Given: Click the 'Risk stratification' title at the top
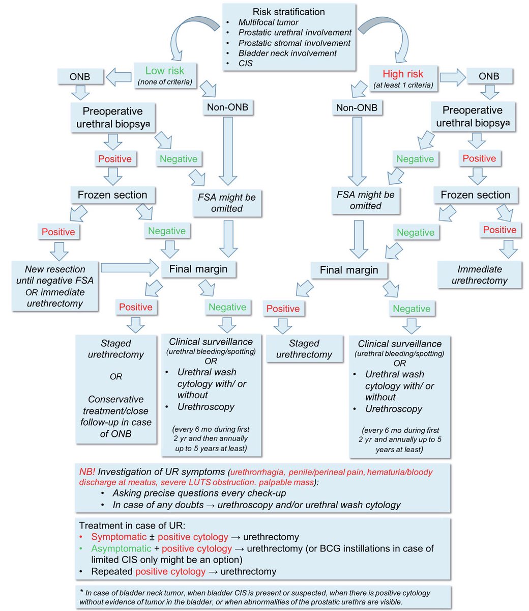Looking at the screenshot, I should [x=288, y=12].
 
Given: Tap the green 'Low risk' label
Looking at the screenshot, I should [x=165, y=71].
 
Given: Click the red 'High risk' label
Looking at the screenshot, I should [x=403, y=73].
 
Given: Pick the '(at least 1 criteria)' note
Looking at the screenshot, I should [x=403, y=85].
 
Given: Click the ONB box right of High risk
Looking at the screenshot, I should [x=489, y=76].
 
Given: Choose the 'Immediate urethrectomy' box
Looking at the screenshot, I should [x=479, y=275].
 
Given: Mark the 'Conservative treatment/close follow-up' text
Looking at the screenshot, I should [x=115, y=411].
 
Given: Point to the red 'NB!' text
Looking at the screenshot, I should [x=87, y=472].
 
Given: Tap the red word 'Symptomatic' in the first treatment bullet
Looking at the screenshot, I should [x=117, y=537].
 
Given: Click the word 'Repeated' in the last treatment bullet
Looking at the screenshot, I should [x=112, y=571].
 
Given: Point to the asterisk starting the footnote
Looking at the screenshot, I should [x=81, y=593].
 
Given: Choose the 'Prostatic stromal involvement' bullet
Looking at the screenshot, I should [x=295, y=43].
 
